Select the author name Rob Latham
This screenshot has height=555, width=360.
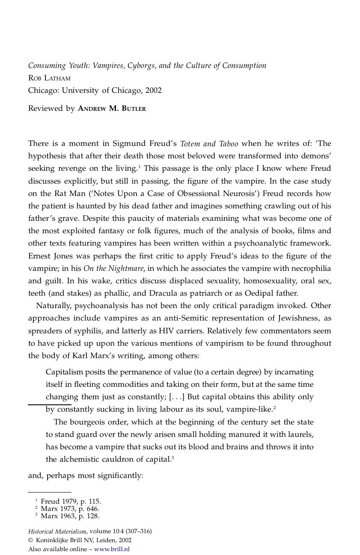click(49, 78)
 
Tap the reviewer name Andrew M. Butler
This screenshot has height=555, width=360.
click(112, 108)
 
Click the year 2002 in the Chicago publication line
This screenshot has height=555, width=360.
click(153, 90)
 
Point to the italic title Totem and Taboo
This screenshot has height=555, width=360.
click(209, 144)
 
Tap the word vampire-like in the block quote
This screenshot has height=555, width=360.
click(250, 409)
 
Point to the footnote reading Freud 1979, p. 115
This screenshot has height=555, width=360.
click(71, 501)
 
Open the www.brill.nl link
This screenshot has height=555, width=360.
click(112, 549)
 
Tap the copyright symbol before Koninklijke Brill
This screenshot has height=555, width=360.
click(30, 540)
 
